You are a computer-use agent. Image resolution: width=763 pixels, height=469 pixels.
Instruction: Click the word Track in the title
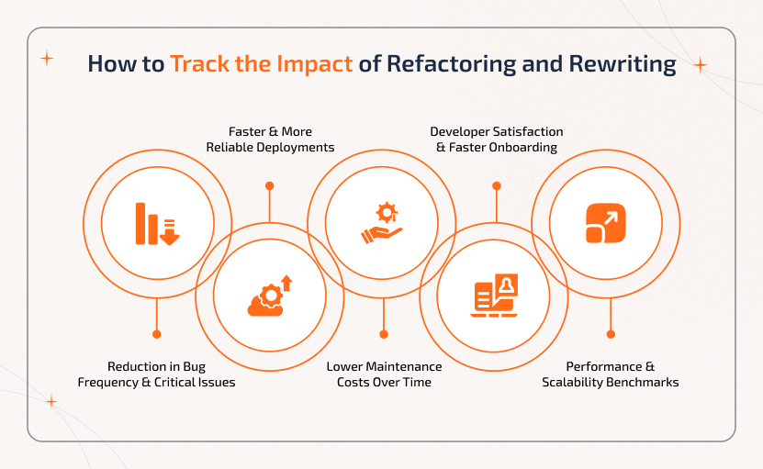197,64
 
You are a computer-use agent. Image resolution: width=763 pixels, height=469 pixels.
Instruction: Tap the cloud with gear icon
269,296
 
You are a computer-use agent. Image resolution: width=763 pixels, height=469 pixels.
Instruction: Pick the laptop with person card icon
495,296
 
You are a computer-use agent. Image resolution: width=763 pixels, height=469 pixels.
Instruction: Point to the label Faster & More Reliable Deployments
268,140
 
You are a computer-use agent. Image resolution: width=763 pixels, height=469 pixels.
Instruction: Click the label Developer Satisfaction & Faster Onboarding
496,140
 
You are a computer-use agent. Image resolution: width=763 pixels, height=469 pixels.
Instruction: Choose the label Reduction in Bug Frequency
156,374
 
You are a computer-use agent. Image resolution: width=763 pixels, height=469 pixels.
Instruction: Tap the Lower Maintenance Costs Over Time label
383,374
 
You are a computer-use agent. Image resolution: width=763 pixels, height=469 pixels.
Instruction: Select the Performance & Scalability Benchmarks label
610,374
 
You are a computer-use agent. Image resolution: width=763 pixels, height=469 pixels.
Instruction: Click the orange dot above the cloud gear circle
269,185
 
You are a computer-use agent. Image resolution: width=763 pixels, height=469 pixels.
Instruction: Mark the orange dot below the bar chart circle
157,334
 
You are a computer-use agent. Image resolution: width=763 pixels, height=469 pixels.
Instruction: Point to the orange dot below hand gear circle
383,334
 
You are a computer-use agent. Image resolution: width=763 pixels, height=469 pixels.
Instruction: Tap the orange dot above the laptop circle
496,185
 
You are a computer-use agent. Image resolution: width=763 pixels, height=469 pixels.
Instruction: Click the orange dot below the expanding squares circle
610,334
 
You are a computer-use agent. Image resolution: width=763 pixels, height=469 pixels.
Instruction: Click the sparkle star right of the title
700,65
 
